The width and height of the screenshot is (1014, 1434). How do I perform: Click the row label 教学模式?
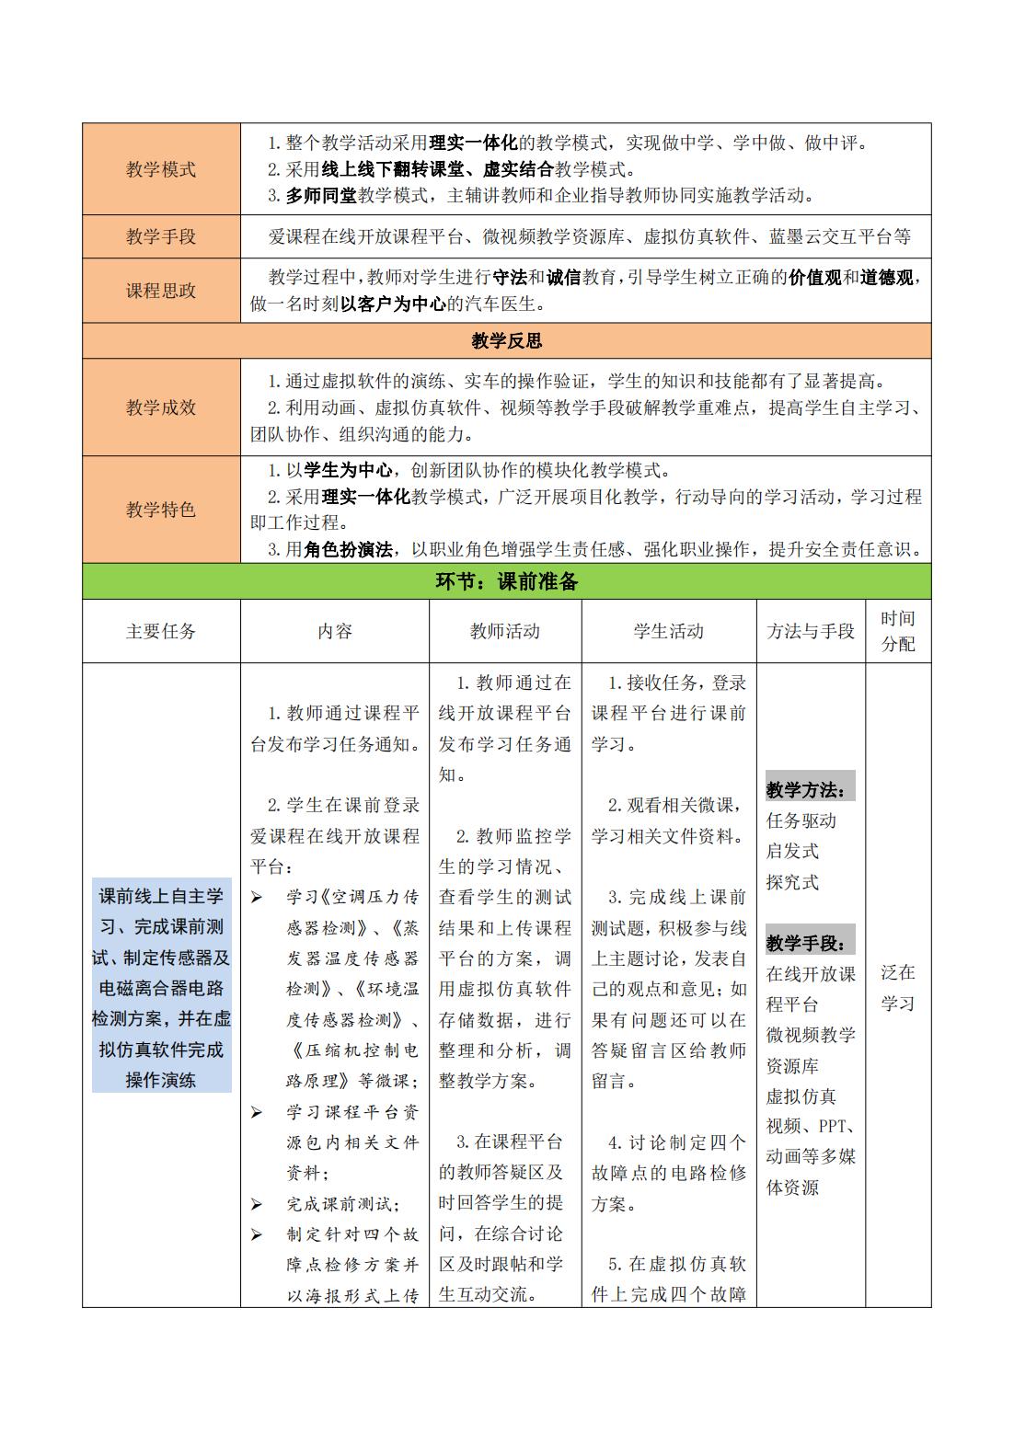tap(161, 169)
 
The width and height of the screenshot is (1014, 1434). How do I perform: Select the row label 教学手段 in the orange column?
tap(161, 236)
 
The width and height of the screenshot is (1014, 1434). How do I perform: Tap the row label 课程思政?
tap(161, 291)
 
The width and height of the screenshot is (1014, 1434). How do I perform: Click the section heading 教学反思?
tap(506, 341)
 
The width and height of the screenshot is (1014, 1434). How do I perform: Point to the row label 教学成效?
tap(161, 407)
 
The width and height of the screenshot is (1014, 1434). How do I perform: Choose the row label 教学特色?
tap(161, 510)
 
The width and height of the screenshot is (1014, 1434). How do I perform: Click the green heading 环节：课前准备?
tap(506, 581)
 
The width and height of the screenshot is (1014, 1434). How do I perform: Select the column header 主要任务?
tap(161, 631)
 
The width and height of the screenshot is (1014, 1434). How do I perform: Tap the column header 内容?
tap(335, 631)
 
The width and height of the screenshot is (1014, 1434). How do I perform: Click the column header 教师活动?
tap(505, 631)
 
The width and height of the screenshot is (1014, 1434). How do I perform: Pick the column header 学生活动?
tap(669, 631)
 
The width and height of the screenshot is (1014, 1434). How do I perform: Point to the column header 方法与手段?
tap(811, 631)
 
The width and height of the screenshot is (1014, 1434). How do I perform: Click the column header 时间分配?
tap(898, 631)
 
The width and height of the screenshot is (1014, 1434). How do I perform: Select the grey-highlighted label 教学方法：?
tap(809, 789)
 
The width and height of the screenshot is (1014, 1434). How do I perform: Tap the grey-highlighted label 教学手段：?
tap(809, 943)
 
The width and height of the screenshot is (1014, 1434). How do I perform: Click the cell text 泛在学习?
tap(898, 988)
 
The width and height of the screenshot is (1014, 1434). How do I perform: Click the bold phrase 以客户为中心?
tap(393, 304)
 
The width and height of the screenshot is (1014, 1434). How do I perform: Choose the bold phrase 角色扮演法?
tap(348, 549)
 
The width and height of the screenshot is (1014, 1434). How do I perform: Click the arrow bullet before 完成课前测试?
tap(257, 1204)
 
